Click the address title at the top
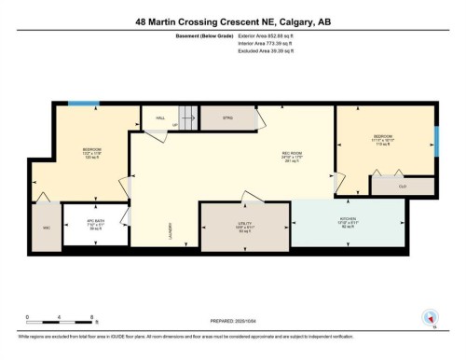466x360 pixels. click(232, 21)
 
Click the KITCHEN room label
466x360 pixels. click(348, 220)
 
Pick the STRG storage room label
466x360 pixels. click(227, 118)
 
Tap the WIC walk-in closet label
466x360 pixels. click(46, 227)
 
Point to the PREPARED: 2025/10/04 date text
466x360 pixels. click(234, 318)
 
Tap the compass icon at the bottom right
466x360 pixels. click(430, 317)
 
